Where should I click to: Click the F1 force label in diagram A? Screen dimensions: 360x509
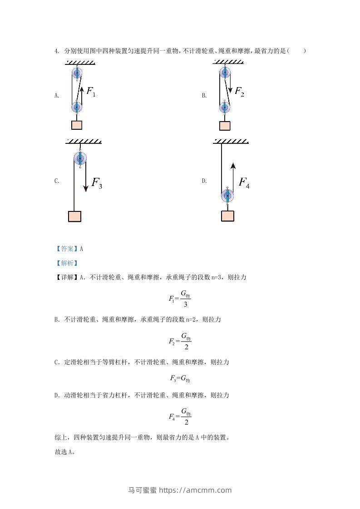pos(91,92)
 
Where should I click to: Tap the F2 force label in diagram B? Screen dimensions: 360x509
pos(239,92)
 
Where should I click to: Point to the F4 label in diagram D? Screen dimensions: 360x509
pos(244,183)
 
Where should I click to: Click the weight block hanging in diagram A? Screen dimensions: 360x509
pos(77,125)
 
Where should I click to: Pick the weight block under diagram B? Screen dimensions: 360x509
pos(225,126)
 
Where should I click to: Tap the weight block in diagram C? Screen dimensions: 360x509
pos(75,216)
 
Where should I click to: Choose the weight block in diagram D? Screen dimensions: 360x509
pos(227,216)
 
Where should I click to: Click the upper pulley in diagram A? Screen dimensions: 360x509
pos(77,73)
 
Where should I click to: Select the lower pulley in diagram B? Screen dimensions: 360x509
pos(225,107)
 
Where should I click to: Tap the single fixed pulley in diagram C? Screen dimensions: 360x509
pos(80,159)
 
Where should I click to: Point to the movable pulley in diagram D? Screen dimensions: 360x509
pos(227,196)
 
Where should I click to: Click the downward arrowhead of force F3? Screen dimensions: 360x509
pos(86,188)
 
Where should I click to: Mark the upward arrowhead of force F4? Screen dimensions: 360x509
pos(233,166)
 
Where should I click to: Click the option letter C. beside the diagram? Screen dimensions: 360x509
pos(57,181)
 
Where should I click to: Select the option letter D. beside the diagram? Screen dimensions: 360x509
pos(204,181)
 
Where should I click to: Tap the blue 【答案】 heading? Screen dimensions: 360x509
pos(67,249)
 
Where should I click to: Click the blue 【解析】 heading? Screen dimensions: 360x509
pos(67,263)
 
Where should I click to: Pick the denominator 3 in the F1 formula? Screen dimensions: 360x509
pos(186,304)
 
